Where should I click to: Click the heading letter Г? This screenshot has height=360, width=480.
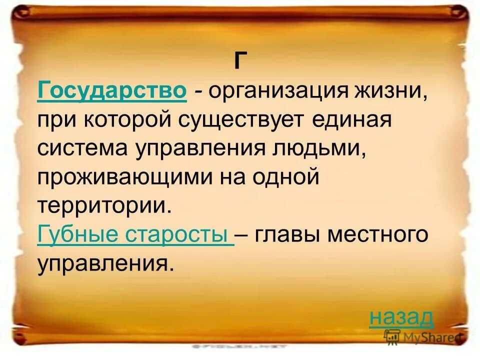240,61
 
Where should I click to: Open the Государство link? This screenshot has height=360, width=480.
112,91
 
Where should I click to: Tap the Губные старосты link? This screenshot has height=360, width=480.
135,235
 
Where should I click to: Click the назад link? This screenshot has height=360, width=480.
401,316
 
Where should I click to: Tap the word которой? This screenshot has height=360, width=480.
121,120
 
